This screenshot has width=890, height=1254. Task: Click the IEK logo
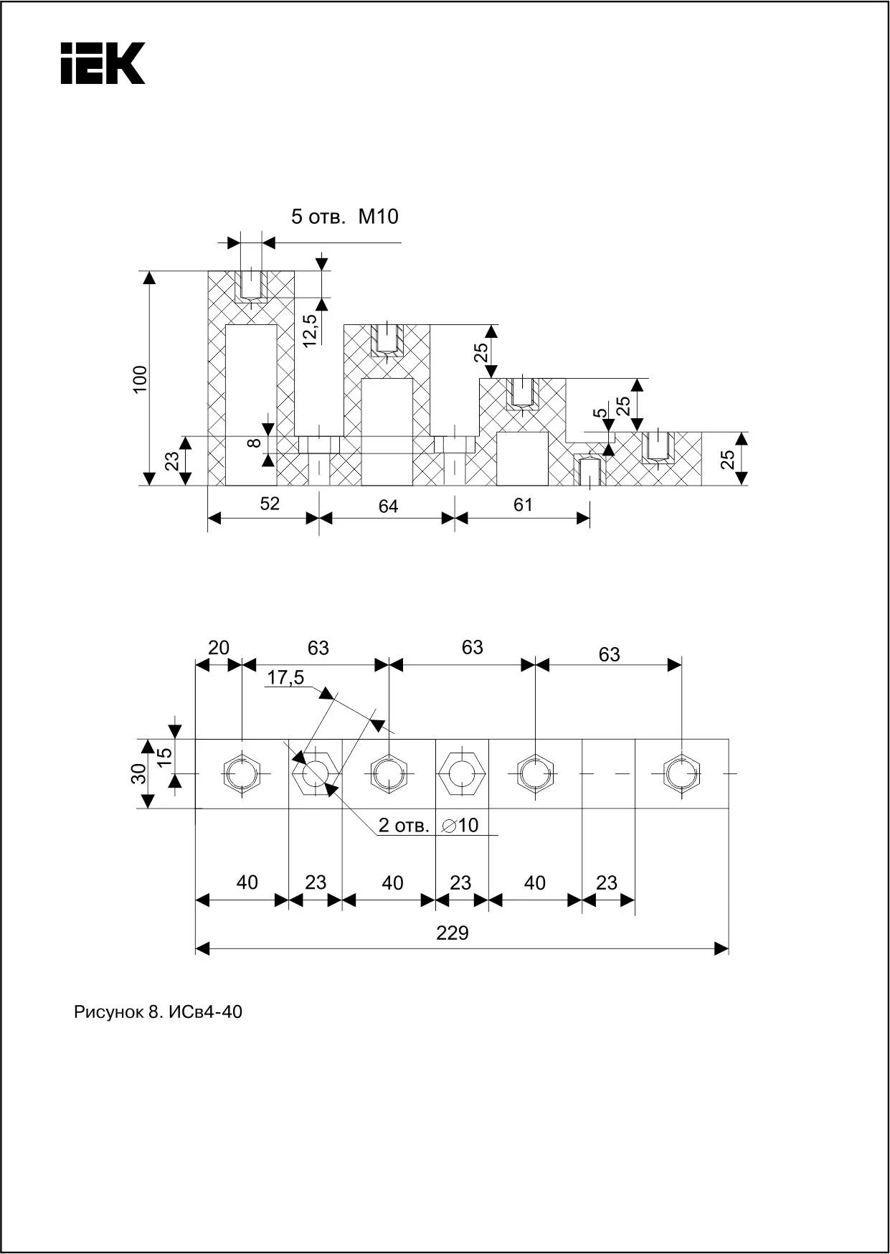103,63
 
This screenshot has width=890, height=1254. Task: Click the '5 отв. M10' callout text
344,217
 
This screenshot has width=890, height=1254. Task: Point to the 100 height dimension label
140,379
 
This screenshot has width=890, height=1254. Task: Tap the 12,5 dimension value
310,331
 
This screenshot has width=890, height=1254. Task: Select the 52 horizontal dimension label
270,504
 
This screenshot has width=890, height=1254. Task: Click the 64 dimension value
388,506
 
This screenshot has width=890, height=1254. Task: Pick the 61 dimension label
523,505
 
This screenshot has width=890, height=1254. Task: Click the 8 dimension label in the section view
254,443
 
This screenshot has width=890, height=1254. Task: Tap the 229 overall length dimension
453,933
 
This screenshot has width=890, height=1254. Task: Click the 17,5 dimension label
285,677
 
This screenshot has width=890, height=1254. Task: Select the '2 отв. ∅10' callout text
428,825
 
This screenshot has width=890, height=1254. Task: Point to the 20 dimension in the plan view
218,648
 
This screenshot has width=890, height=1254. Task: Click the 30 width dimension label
139,773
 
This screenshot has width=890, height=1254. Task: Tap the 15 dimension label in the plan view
164,756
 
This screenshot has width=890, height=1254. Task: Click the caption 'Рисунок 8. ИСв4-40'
158,1012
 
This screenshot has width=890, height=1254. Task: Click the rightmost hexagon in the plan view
678,773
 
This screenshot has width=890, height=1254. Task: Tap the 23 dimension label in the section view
173,461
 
